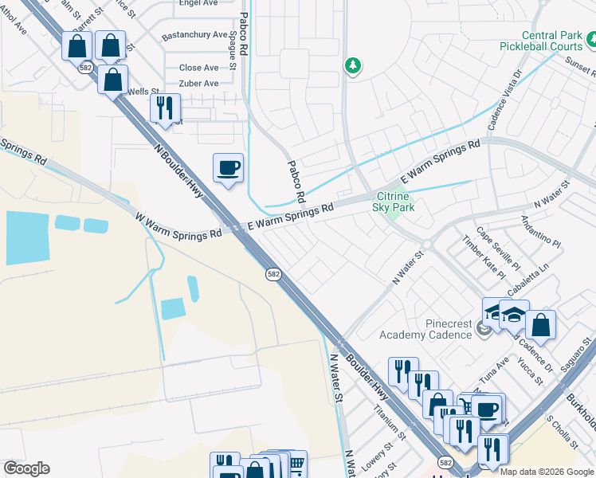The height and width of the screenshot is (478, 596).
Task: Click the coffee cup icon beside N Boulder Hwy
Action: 228,168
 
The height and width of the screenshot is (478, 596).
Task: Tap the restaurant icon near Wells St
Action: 165,109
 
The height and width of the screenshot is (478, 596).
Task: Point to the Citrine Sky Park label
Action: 394,202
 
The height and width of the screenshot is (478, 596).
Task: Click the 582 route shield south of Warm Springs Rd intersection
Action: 273,273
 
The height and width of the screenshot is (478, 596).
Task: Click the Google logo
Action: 25,468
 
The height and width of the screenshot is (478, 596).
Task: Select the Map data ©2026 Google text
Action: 547,472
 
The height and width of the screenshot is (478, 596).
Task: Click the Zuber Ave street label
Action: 199,83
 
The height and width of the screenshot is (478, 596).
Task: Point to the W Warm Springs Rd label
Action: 178,226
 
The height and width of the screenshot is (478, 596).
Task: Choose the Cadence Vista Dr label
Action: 504,103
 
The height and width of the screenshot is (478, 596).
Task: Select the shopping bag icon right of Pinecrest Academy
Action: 540,325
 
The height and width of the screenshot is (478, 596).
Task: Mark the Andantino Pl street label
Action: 541,230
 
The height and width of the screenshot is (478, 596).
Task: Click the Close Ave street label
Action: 198,68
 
